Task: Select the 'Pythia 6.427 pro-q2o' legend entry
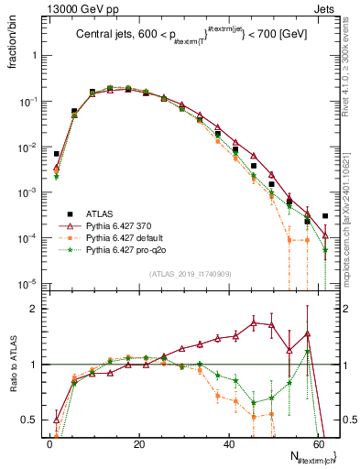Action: pyautogui.click(x=125, y=249)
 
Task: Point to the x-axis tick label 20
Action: pyautogui.click(x=138, y=444)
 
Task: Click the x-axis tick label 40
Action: pyautogui.click(x=228, y=444)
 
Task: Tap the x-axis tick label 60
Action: pyautogui.click(x=317, y=444)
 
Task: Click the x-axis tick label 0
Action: pyautogui.click(x=49, y=444)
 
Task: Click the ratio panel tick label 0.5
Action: pyautogui.click(x=31, y=420)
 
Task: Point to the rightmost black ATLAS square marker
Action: pyautogui.click(x=325, y=216)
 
